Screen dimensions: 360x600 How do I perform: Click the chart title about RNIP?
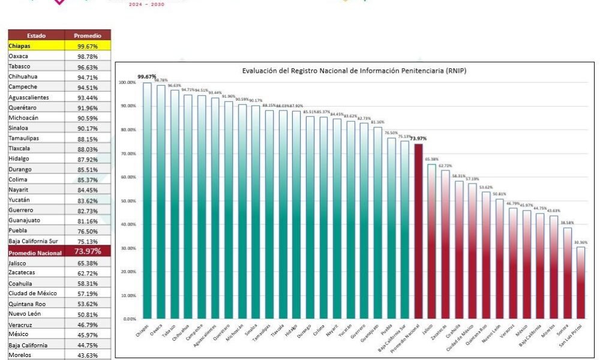[354, 71]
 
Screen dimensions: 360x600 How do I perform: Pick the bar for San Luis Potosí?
[580, 282]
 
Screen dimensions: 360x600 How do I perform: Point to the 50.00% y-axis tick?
[128, 201]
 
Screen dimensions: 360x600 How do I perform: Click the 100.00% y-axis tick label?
[127, 82]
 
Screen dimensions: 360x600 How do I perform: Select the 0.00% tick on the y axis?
[130, 319]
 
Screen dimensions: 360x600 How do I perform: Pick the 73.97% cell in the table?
[87, 251]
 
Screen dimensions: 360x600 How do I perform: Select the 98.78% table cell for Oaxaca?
[87, 56]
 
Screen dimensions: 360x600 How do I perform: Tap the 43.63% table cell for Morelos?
[87, 355]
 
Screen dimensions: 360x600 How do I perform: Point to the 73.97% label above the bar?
[418, 139]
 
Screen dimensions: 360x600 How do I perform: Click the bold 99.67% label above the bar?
[147, 77]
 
